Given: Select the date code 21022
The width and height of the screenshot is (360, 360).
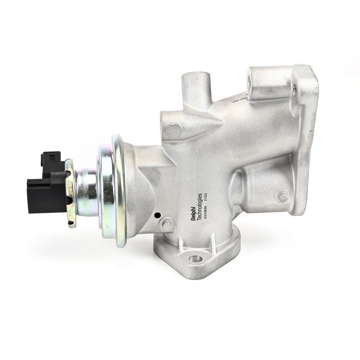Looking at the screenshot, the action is click(206, 198).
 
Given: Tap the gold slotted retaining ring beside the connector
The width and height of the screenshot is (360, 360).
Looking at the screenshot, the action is click(70, 193).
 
